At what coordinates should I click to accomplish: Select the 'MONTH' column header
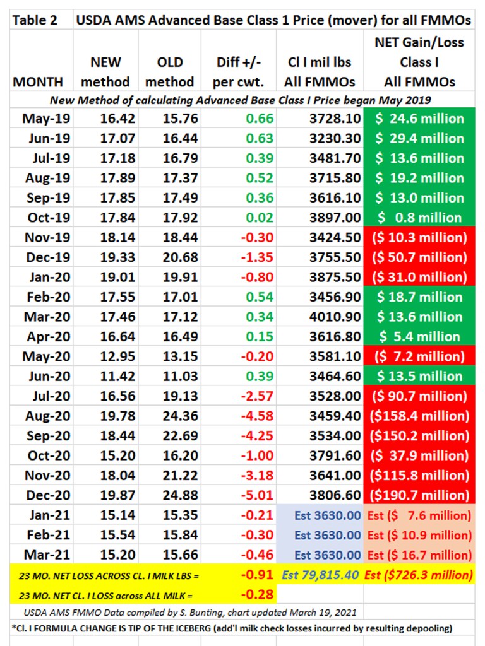[x=38, y=82]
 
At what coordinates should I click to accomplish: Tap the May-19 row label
[x=47, y=118]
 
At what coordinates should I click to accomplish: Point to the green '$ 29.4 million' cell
[x=419, y=138]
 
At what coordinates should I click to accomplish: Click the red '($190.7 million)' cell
[x=419, y=495]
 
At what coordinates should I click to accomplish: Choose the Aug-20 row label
[x=47, y=416]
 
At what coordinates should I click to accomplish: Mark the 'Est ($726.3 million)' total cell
[x=419, y=575]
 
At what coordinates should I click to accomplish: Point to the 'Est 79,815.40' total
[x=321, y=575]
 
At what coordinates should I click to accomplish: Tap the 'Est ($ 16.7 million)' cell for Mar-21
[x=419, y=555]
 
